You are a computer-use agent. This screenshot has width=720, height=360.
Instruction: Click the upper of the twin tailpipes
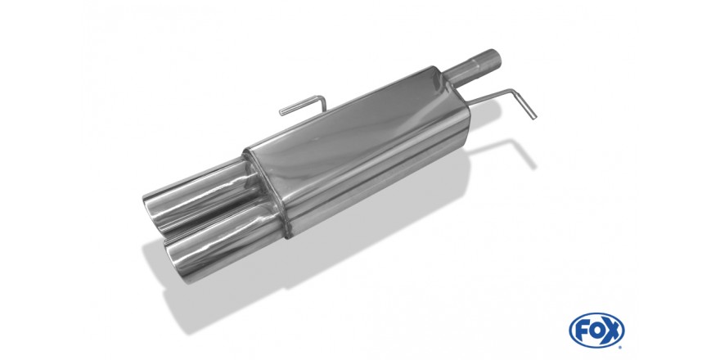[x=202, y=196]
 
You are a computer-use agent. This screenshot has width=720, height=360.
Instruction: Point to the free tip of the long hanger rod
[x=534, y=118]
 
